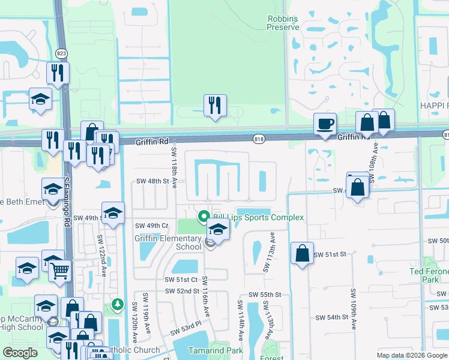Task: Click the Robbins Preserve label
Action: tap(283, 23)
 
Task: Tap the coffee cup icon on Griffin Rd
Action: tap(325, 124)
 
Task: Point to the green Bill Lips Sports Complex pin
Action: tap(203, 217)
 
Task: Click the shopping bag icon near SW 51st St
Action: tap(302, 253)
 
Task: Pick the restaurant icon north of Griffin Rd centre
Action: tap(214, 106)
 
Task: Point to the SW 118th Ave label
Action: tap(174, 167)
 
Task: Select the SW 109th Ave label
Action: tap(354, 308)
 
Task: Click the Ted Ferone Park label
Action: tap(429, 275)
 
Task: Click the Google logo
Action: tap(20, 352)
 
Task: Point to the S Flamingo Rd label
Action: tap(67, 198)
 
